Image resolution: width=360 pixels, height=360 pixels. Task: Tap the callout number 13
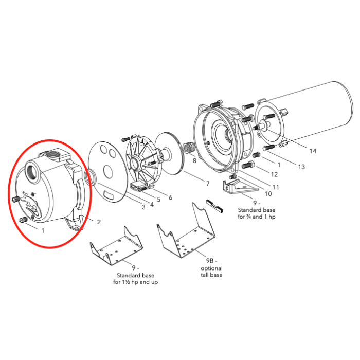click(301, 167)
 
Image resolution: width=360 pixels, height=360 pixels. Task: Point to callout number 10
click(268, 194)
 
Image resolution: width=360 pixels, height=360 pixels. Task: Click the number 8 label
click(194, 160)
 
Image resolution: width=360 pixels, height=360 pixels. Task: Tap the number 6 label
click(170, 198)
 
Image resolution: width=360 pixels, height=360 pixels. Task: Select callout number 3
click(143, 206)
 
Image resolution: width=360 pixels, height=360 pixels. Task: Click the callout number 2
click(99, 222)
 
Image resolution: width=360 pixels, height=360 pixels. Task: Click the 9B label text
click(211, 261)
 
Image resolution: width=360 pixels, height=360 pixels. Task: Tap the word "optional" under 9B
click(211, 268)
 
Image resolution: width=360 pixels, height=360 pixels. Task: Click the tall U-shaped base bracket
click(185, 237)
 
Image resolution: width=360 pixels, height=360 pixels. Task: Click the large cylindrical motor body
click(314, 111)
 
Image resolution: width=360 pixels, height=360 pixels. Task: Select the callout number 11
click(276, 187)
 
